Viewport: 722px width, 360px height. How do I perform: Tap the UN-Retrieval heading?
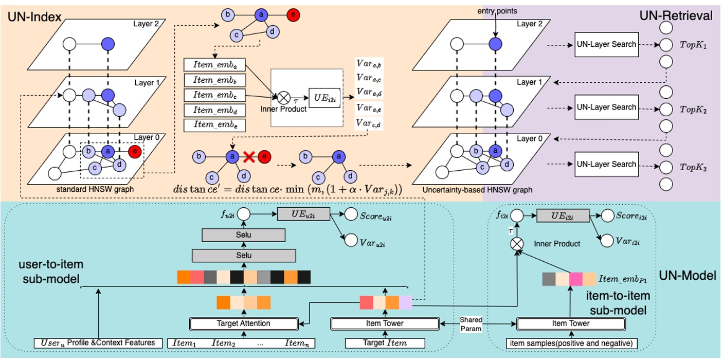(675, 15)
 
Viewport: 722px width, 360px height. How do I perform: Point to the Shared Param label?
(471, 323)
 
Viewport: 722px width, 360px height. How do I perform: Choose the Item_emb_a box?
(214, 65)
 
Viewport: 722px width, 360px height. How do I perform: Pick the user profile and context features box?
(98, 343)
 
